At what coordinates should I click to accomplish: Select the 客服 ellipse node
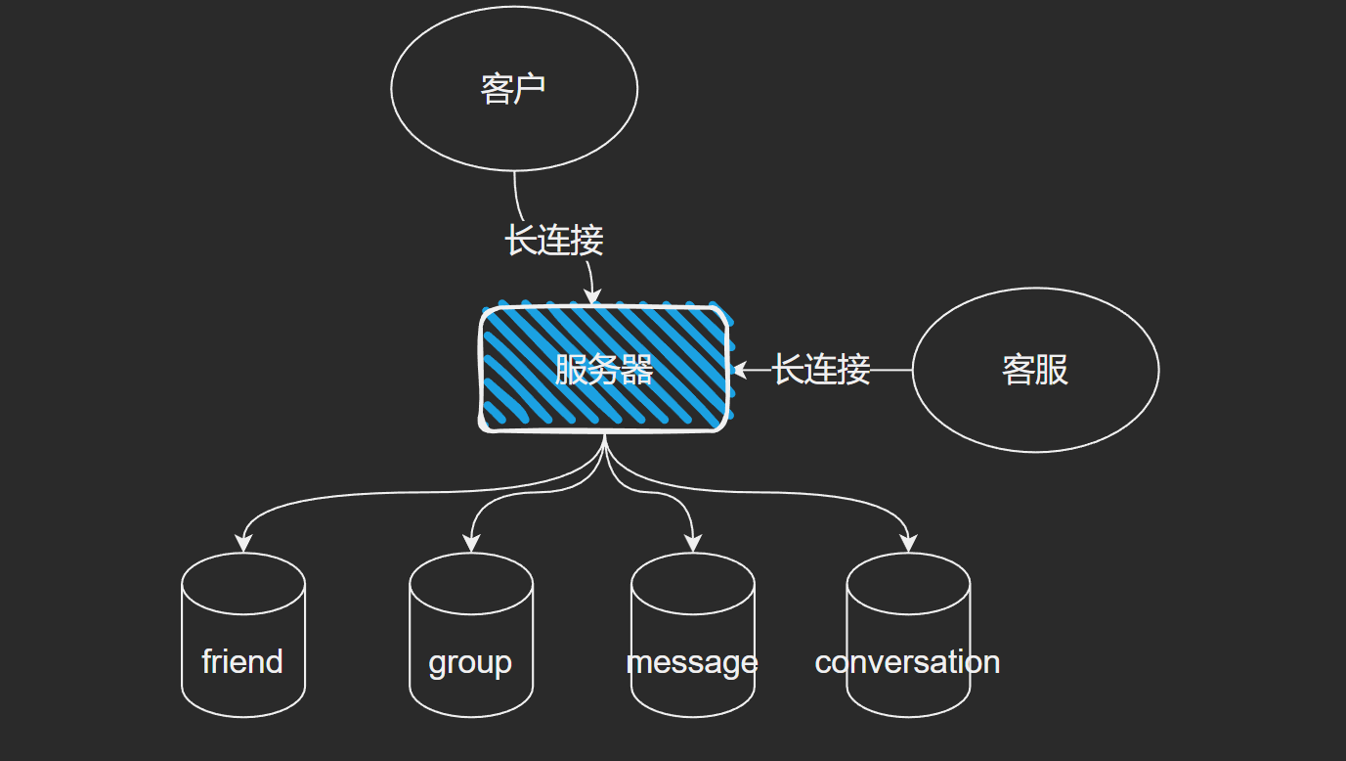[x=1035, y=411]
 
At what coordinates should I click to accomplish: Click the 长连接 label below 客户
[x=554, y=240]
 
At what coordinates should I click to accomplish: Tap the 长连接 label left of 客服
[x=821, y=370]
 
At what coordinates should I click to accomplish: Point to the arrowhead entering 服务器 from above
[x=591, y=297]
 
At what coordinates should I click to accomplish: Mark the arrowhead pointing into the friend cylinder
[x=242, y=545]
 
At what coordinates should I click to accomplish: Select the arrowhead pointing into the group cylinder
[x=471, y=545]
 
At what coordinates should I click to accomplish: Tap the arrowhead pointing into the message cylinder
[x=692, y=545]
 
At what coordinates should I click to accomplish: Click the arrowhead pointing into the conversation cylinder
[x=908, y=545]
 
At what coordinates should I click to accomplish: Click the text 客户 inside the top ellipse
[x=513, y=88]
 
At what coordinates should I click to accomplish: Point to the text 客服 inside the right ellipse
[x=1035, y=370]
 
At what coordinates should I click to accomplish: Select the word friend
[x=242, y=662]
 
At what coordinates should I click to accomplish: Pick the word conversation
[x=907, y=662]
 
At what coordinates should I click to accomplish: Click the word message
[x=692, y=662]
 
